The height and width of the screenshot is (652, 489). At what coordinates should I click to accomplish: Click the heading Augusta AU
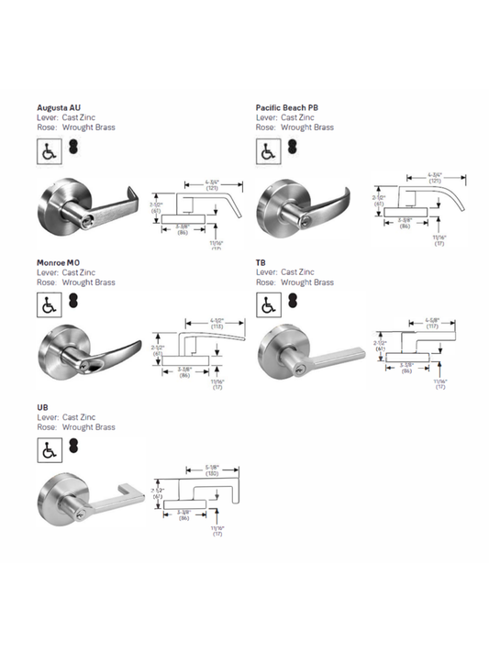tap(61, 108)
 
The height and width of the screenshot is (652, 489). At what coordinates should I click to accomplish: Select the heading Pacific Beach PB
tap(287, 108)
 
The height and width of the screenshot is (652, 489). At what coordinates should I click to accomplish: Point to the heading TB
tap(261, 263)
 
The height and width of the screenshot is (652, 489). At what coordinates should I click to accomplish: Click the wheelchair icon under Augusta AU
tap(48, 148)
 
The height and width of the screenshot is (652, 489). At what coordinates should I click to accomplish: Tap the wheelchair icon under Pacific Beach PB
tap(268, 148)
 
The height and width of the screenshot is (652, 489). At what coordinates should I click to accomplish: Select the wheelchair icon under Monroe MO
tap(48, 303)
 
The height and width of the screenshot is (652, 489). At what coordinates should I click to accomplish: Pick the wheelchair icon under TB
tap(268, 303)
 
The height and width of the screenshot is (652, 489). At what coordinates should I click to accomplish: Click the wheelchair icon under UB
tap(48, 449)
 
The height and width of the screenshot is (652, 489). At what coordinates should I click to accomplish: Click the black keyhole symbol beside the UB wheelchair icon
tap(72, 448)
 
